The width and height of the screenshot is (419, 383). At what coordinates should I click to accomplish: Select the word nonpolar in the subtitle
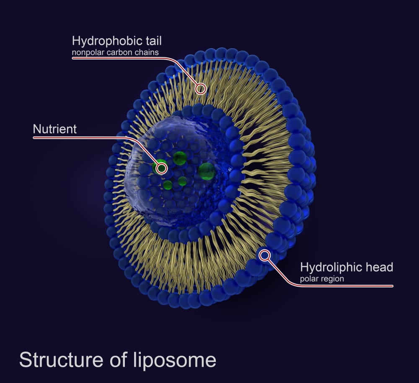click(x=88, y=52)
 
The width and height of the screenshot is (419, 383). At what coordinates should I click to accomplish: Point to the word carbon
click(x=118, y=52)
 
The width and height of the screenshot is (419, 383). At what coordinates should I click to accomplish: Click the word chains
click(x=145, y=52)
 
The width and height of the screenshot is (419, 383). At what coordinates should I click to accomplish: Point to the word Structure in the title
click(x=61, y=360)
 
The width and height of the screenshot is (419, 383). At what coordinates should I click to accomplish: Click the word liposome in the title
click(x=174, y=360)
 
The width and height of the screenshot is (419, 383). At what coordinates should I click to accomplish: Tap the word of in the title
click(x=118, y=360)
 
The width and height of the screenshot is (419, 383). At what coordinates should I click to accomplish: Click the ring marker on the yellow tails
click(x=200, y=88)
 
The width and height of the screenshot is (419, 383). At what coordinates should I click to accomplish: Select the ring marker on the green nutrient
click(x=161, y=168)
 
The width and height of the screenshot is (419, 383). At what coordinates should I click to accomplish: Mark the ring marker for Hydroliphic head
click(x=264, y=255)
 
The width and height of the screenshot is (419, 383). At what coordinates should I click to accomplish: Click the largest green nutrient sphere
click(x=207, y=171)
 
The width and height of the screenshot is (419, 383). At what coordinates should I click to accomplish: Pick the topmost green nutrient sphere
click(x=180, y=158)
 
